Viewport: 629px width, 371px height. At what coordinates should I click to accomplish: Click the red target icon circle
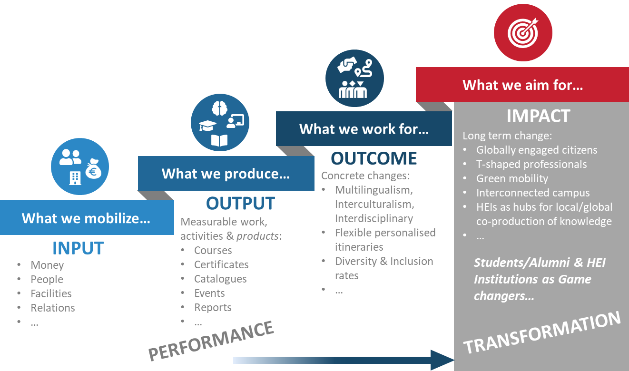point(523,32)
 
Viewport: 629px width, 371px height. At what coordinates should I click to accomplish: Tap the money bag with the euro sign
point(93,169)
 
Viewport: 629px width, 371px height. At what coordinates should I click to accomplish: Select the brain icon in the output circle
point(220,108)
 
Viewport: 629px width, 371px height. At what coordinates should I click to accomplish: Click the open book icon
point(219,140)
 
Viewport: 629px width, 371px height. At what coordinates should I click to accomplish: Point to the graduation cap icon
point(207,126)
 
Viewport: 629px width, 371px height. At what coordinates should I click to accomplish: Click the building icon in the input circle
point(75,178)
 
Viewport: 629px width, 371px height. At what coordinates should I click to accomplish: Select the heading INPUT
point(78,248)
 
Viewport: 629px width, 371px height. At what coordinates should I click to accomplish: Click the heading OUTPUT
point(240,203)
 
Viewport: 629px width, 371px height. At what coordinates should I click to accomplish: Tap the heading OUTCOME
point(374,158)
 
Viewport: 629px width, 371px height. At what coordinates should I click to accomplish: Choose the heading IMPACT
point(538,116)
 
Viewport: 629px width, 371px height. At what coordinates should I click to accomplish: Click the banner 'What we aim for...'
point(522,85)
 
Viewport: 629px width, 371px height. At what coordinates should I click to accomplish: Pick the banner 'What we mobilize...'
point(87,217)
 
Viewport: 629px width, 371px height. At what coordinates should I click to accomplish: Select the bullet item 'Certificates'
point(221,264)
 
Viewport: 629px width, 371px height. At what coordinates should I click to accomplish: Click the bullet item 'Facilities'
point(51,293)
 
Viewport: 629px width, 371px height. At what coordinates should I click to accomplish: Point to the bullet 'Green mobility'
point(512,178)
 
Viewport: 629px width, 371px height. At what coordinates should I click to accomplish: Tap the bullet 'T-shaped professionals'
point(531,164)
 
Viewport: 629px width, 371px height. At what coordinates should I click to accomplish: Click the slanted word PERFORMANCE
point(211,341)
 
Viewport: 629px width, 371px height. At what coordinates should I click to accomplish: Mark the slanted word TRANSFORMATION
point(542,332)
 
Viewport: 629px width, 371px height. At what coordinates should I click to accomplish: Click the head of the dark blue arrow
point(442,360)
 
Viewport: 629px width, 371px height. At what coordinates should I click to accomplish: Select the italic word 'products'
point(257,236)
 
